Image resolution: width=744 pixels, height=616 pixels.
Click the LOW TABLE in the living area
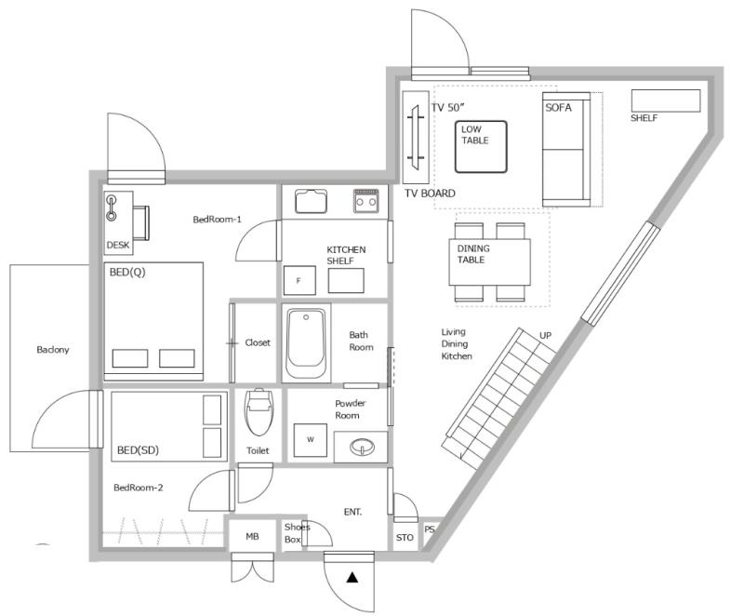point(481,147)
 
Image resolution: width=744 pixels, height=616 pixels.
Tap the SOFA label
point(559,108)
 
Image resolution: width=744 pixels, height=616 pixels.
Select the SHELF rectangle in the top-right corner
point(666,100)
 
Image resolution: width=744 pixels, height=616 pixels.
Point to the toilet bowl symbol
point(259,412)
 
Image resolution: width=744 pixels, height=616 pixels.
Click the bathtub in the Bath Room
point(306,343)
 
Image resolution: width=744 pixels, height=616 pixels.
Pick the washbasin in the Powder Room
point(362,447)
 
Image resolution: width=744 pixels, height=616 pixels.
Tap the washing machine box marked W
point(311,440)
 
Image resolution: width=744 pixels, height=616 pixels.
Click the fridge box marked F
point(299,280)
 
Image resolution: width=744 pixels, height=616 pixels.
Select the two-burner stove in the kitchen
point(366,200)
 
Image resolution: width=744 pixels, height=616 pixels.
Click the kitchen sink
point(311,201)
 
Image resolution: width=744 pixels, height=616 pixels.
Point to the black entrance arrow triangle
point(352,577)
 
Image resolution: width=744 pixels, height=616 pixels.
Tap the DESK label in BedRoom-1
point(118,245)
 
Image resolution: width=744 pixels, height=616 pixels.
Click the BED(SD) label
point(138,449)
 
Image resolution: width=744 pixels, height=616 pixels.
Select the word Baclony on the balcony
point(53,350)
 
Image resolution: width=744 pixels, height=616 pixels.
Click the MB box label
point(252,536)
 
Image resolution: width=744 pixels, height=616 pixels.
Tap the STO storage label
point(405,537)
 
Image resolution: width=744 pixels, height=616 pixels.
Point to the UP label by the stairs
point(545,336)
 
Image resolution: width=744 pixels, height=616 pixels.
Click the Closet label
point(258,342)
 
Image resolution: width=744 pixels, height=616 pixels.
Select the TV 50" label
point(447,108)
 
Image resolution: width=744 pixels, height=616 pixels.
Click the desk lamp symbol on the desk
point(112,208)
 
